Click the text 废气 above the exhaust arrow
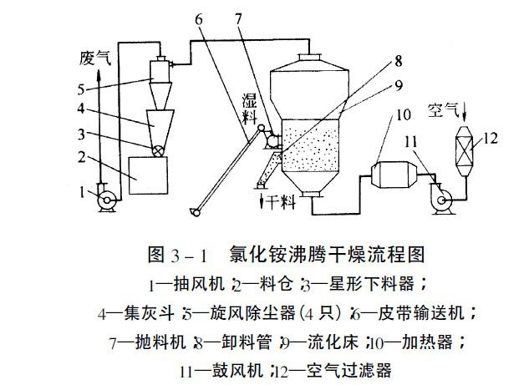click(95, 59)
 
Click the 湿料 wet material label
click(249, 109)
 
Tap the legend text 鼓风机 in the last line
click(249, 368)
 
